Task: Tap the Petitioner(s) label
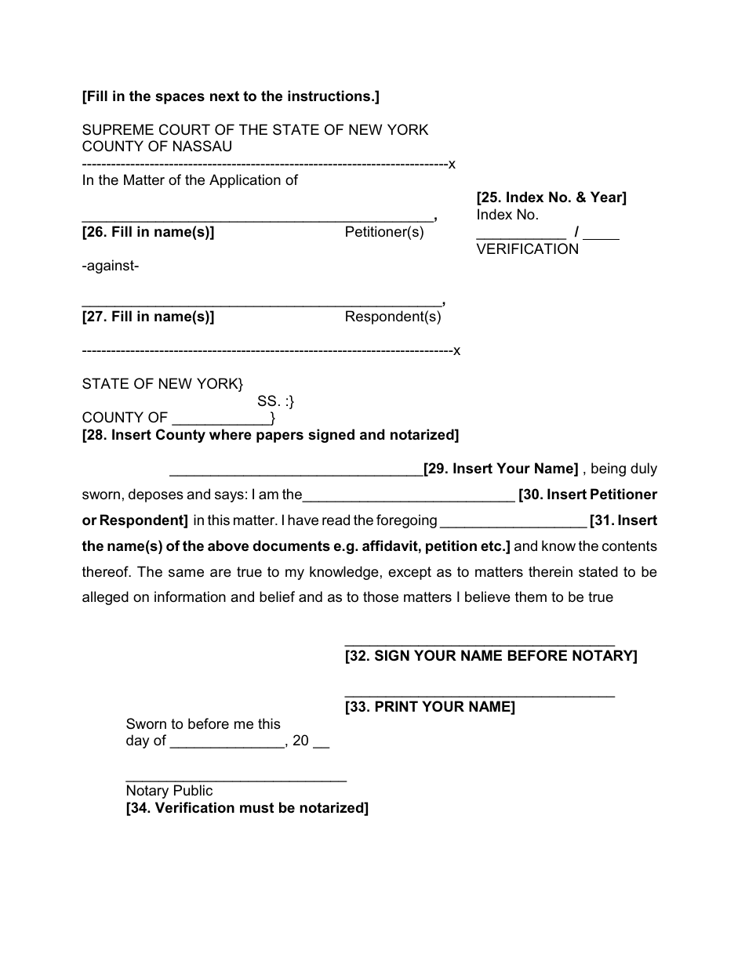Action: point(384,232)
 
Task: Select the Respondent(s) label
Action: point(393,317)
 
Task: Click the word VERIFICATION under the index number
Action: point(528,249)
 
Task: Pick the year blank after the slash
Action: point(601,236)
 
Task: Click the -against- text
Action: point(111,266)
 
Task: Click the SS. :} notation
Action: point(275,401)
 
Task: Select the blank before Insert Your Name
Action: point(296,473)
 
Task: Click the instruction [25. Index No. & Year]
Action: point(551,198)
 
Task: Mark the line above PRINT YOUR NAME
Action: point(479,696)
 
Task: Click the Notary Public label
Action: point(169,791)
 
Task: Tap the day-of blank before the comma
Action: point(227,746)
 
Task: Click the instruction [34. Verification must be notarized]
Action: point(247,808)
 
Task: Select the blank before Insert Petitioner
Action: point(408,499)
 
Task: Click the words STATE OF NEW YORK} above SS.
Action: point(162,384)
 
